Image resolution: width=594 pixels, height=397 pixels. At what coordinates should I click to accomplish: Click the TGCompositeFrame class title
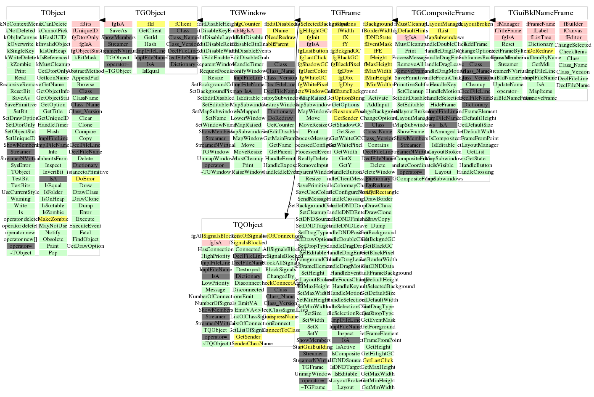443,13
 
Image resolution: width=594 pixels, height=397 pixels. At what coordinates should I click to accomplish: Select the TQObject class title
248,225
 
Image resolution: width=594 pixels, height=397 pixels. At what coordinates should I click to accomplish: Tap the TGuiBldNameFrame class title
541,13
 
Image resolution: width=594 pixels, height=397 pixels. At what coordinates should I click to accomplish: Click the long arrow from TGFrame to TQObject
291,126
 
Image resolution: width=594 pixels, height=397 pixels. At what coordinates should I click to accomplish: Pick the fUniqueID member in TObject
85,31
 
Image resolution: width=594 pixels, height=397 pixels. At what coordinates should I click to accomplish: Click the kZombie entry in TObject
21,64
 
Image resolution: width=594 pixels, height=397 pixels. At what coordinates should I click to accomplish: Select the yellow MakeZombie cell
53,219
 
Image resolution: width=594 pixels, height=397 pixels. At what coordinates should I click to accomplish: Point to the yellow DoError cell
85,179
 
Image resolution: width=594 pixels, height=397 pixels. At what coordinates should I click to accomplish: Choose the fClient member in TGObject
183,24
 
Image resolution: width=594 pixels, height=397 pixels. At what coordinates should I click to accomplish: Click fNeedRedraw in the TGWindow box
280,37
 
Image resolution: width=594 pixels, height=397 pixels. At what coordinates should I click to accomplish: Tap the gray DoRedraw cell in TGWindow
280,118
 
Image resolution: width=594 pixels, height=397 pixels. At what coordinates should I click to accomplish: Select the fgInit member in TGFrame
313,37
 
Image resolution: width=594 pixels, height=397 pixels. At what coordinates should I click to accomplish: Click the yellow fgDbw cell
345,71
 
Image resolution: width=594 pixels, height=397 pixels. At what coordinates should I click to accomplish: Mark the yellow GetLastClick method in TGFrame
378,360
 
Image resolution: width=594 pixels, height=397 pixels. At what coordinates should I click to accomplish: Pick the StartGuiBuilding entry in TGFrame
313,347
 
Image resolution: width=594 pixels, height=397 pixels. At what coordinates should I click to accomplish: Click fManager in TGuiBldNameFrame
508,24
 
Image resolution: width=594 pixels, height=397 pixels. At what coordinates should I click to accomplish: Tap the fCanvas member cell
573,31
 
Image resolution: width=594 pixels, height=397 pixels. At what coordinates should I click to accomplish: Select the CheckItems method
573,52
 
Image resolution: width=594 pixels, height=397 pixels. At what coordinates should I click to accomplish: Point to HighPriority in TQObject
216,256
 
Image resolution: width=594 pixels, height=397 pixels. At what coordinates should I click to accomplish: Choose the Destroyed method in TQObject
248,270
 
